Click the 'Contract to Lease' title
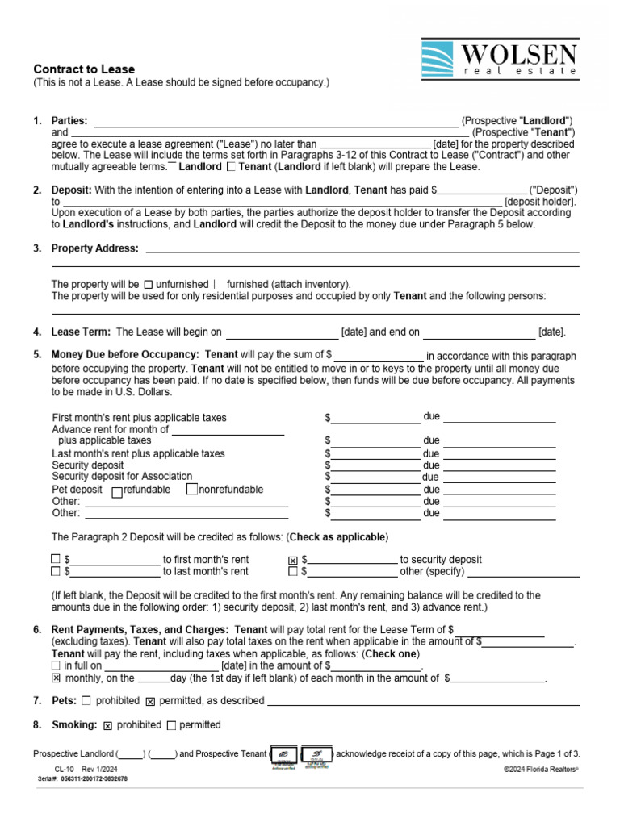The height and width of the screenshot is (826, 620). tap(84, 69)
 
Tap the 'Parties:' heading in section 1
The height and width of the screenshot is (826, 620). tap(69, 121)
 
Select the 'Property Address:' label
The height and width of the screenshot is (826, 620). tap(94, 248)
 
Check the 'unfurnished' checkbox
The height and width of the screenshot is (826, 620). tap(148, 285)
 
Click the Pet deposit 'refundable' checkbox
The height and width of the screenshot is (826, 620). tap(117, 490)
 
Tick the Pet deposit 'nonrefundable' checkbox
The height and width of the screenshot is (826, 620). tap(192, 490)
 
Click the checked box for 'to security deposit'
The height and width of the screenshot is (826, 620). tap(293, 560)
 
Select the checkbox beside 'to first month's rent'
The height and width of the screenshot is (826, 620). tap(56, 559)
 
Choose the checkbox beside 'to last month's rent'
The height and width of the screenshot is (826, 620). tap(56, 572)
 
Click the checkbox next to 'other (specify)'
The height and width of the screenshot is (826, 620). tap(293, 572)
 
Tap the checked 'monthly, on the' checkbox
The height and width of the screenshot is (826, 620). tap(56, 679)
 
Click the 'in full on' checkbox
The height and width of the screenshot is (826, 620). tap(56, 666)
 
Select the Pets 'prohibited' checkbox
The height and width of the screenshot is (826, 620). tap(87, 701)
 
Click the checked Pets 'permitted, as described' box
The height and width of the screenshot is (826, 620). tap(150, 702)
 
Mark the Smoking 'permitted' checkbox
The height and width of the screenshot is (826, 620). tap(171, 725)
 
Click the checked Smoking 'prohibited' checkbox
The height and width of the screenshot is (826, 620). tap(108, 725)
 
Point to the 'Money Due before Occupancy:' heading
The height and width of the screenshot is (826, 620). tap(124, 354)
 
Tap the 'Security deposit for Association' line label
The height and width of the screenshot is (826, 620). tap(122, 477)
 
